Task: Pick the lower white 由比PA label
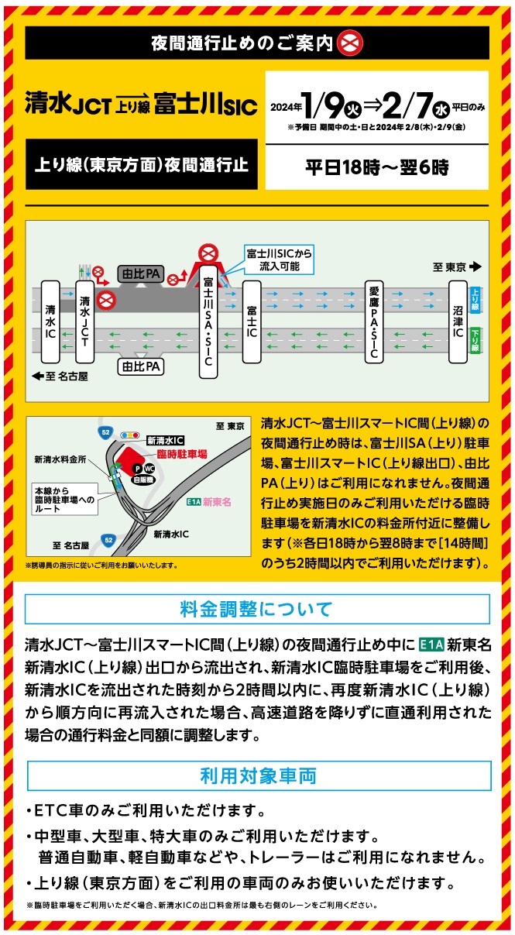[139, 365]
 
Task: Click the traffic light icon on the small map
[130, 435]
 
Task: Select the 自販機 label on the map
[142, 480]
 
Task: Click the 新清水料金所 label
[60, 460]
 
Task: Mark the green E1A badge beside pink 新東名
[194, 501]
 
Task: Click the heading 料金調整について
[257, 608]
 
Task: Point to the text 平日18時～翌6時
[376, 167]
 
